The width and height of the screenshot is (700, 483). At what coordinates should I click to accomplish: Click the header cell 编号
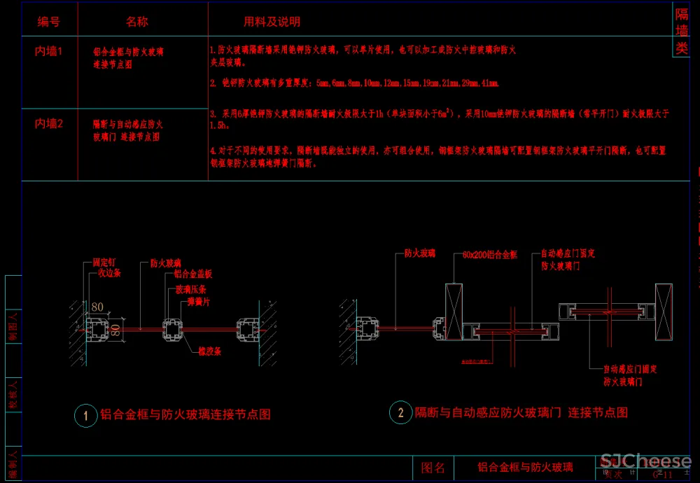coord(48,22)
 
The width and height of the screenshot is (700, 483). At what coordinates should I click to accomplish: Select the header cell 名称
coord(137,22)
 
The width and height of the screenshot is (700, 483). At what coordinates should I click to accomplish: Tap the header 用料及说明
coord(272,22)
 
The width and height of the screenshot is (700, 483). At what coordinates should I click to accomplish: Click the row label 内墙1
coord(49,51)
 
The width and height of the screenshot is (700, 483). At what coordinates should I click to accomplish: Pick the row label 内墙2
coord(49,123)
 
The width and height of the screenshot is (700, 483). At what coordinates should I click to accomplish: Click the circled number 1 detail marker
coord(86,415)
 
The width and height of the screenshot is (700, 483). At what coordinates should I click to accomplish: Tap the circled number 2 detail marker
coord(400,413)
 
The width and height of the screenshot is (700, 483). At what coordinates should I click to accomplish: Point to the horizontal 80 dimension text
coord(97,307)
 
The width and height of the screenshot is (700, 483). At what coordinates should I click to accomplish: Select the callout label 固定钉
coord(104,263)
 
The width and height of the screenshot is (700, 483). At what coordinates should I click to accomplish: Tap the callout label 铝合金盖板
coord(193,274)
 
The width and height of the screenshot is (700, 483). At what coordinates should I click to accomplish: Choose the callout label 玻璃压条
coord(190,289)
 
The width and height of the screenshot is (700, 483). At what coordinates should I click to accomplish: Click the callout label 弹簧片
coord(197,302)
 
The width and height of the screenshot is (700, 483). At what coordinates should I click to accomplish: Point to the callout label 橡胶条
coord(209,351)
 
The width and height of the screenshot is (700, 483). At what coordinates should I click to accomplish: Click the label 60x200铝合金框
coord(490,253)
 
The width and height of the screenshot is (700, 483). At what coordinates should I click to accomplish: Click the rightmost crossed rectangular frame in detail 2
coord(662,302)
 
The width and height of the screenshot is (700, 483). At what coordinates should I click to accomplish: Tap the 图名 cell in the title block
coord(433,468)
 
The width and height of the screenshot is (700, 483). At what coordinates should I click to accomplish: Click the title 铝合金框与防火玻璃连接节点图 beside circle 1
coord(185,414)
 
